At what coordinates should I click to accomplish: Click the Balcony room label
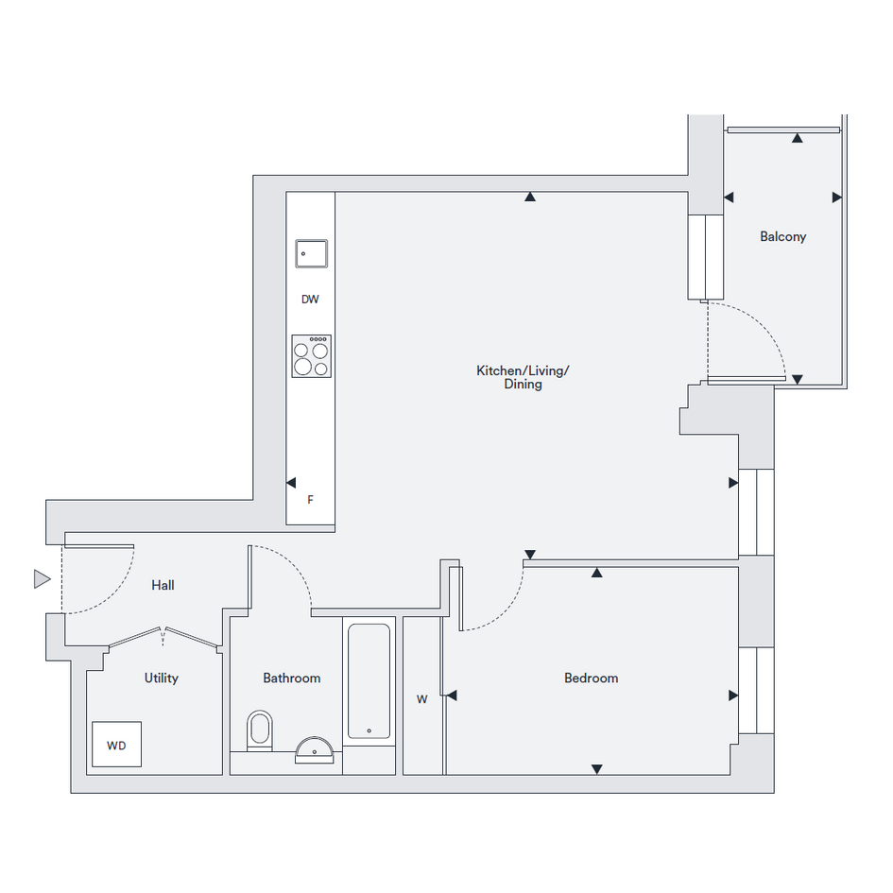[x=783, y=237]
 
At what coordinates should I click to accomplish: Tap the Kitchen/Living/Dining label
[x=523, y=377]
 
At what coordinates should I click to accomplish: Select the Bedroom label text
[x=592, y=678]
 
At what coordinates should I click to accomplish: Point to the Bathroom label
[x=292, y=678]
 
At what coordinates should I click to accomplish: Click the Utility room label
[x=162, y=678]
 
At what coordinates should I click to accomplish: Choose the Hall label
[x=163, y=585]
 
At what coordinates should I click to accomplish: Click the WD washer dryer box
[x=117, y=745]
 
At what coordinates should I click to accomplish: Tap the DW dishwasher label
[x=310, y=299]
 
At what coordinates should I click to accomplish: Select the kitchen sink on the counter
[x=312, y=253]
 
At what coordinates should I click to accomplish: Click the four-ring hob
[x=312, y=356]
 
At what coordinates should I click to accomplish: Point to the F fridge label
[x=310, y=500]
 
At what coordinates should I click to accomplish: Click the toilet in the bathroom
[x=260, y=730]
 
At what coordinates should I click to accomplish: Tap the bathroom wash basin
[x=314, y=750]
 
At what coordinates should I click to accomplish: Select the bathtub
[x=369, y=681]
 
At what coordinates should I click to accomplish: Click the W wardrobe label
[x=422, y=699]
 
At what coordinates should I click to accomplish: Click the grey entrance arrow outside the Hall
[x=42, y=579]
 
